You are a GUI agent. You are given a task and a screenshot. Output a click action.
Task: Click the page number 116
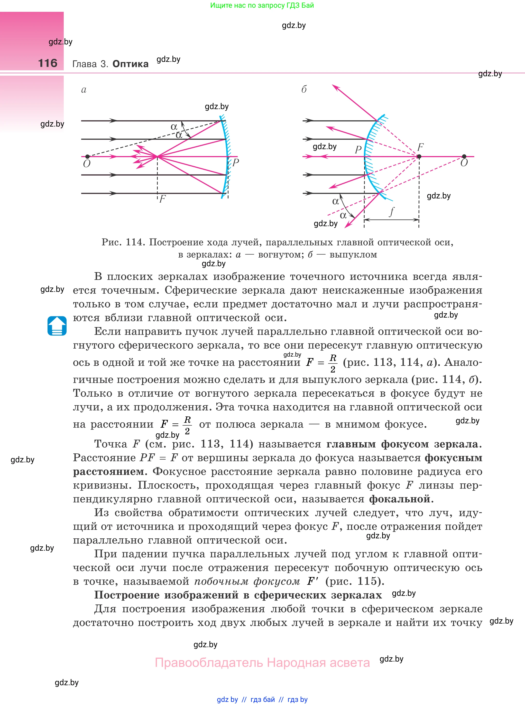[x=48, y=63]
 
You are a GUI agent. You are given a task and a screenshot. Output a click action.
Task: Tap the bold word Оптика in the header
[x=130, y=64]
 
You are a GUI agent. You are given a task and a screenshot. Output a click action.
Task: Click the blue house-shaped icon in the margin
[x=57, y=326]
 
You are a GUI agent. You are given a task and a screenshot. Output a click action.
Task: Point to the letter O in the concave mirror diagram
[x=86, y=164]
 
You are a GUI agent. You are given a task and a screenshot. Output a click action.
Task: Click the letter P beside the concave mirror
[x=235, y=163]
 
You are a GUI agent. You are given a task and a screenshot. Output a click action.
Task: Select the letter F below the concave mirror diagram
[x=162, y=199]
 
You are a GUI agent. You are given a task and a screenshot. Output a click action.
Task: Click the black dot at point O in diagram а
[x=87, y=157]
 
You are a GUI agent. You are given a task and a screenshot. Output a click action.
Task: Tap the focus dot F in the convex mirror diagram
[x=419, y=157]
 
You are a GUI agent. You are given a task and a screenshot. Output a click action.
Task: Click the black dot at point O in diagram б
[x=464, y=157]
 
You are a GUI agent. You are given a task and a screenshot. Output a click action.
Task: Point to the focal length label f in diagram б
[x=392, y=212]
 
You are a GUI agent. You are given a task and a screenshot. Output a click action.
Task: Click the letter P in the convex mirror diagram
[x=358, y=149]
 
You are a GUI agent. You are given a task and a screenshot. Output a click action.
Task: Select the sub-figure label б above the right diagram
[x=304, y=90]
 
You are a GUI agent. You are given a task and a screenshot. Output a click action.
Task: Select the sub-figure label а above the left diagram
[x=84, y=90]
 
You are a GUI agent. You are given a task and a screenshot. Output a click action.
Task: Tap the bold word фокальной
[x=400, y=499]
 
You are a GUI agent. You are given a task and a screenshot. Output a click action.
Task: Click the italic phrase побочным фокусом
[x=247, y=581]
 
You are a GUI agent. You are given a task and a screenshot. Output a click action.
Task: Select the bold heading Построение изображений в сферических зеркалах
[x=238, y=595]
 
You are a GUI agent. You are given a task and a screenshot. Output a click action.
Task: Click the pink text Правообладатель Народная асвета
[x=262, y=663]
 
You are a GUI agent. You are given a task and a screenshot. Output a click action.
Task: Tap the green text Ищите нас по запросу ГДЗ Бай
[x=262, y=5]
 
